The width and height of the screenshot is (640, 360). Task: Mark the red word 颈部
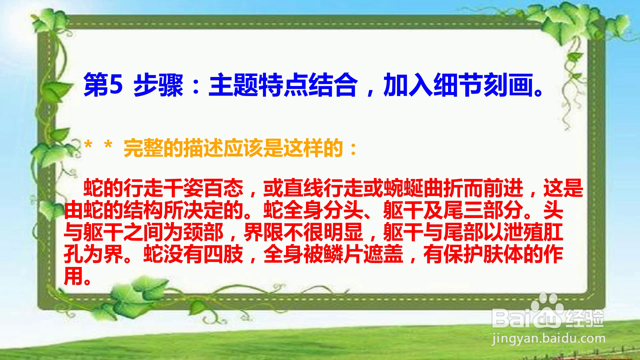click(203, 232)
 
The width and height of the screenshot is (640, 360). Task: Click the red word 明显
click(343, 232)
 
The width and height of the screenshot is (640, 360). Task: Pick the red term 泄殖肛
click(533, 232)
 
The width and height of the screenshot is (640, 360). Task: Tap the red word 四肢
click(223, 254)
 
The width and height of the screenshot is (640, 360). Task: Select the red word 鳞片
click(343, 254)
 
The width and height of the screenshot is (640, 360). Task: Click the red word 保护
click(463, 254)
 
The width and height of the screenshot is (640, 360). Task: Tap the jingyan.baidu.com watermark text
click(548, 339)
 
